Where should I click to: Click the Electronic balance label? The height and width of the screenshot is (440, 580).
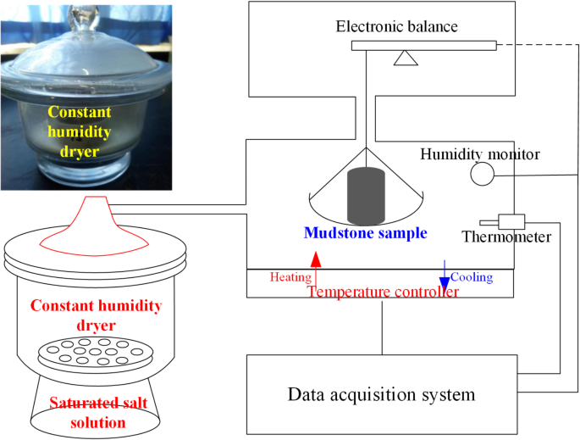click(396, 26)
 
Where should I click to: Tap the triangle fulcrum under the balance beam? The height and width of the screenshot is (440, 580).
click(406, 58)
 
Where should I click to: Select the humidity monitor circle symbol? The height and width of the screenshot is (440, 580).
click(483, 174)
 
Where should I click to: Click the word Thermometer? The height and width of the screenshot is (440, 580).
click(505, 237)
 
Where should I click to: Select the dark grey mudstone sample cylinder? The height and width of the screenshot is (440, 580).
click(365, 197)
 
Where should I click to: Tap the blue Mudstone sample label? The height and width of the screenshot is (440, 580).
click(365, 233)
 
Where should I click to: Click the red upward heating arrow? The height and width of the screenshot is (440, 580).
click(316, 270)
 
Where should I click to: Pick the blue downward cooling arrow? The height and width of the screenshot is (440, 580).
click(443, 275)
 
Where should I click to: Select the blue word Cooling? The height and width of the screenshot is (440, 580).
click(471, 277)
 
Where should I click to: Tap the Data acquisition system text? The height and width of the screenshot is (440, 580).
click(381, 394)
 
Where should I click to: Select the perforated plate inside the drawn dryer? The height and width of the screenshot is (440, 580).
click(87, 349)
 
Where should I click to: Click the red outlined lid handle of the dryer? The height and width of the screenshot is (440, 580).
click(88, 222)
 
